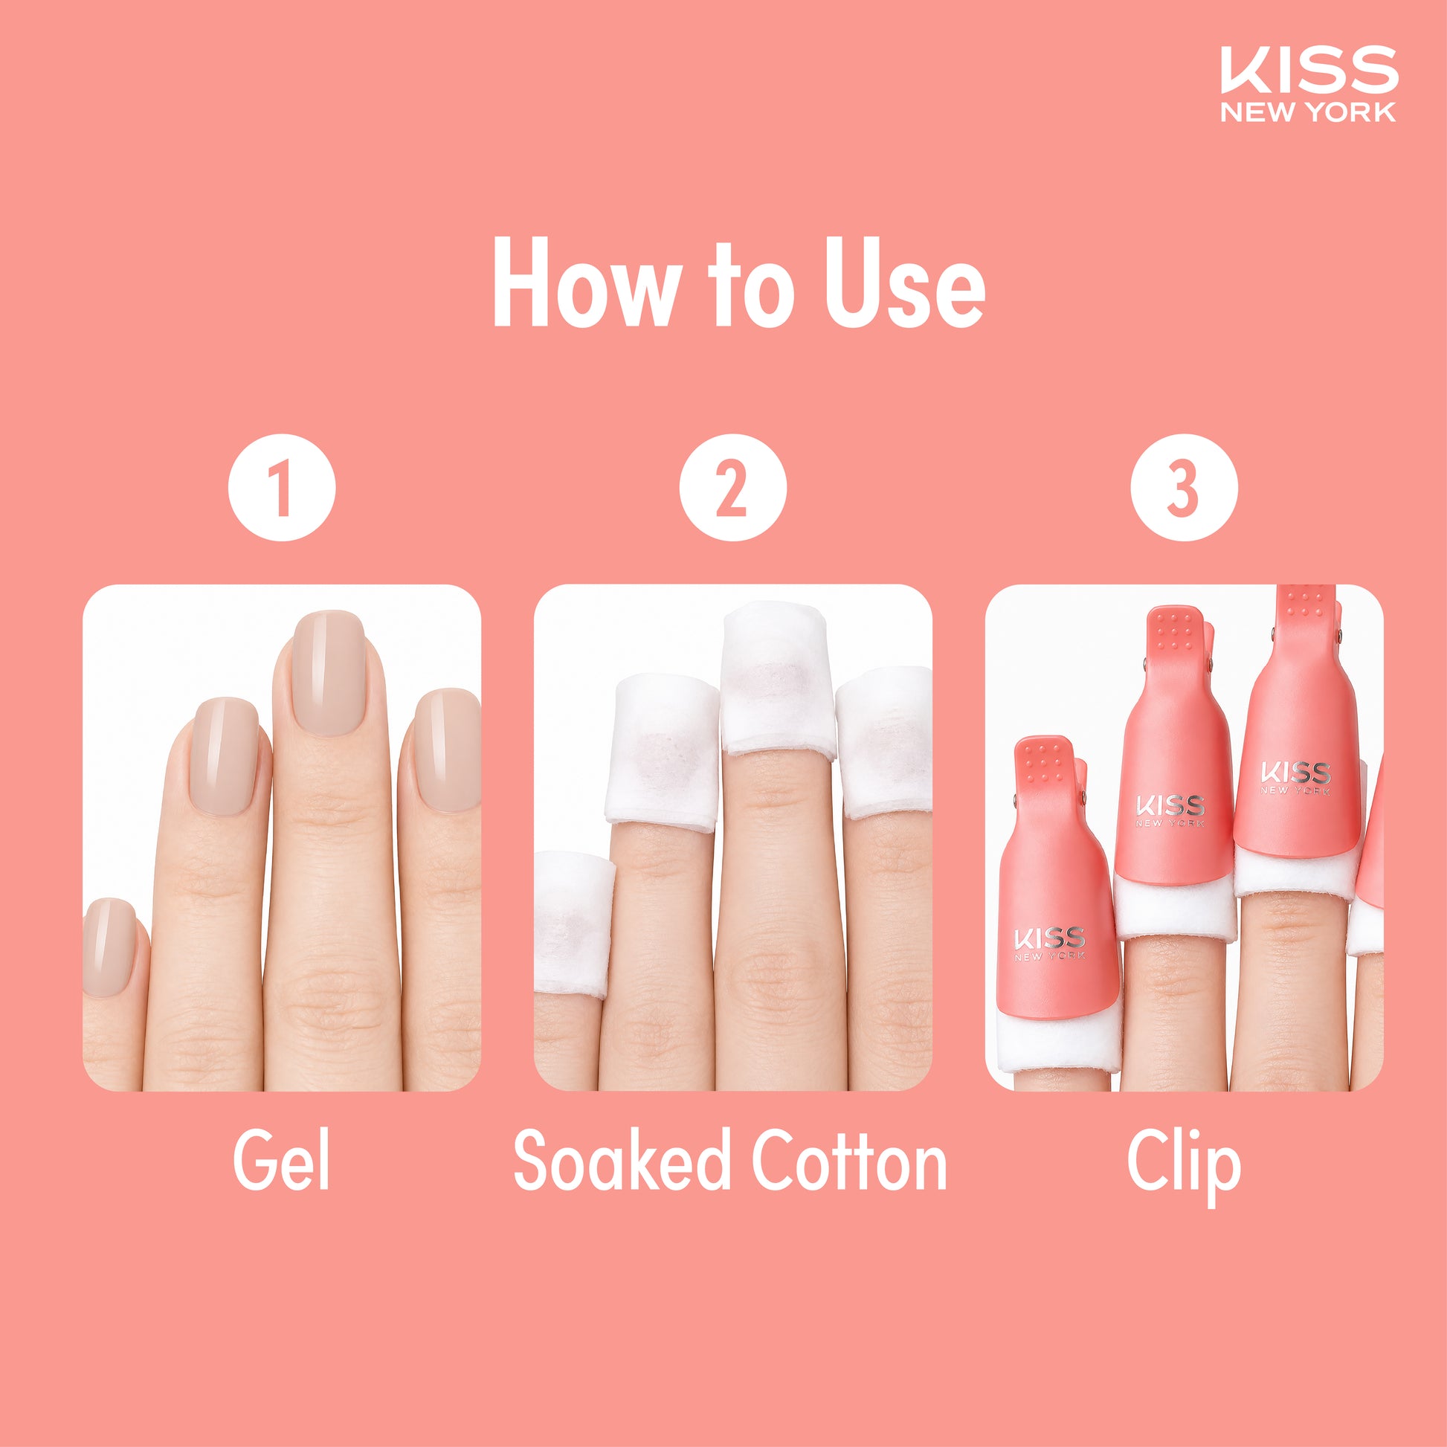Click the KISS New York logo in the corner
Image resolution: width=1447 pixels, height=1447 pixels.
[1309, 84]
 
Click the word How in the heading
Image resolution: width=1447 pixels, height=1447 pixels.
[585, 283]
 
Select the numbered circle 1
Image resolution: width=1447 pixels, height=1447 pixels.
[282, 488]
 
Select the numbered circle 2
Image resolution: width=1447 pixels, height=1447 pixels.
[732, 488]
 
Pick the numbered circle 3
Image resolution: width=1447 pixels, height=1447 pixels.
[1183, 488]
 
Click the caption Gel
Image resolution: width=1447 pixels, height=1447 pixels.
[281, 1160]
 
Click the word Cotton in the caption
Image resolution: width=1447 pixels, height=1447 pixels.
[849, 1160]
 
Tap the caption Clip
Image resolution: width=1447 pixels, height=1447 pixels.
[1183, 1165]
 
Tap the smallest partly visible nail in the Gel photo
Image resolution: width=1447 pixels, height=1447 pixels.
[109, 947]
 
